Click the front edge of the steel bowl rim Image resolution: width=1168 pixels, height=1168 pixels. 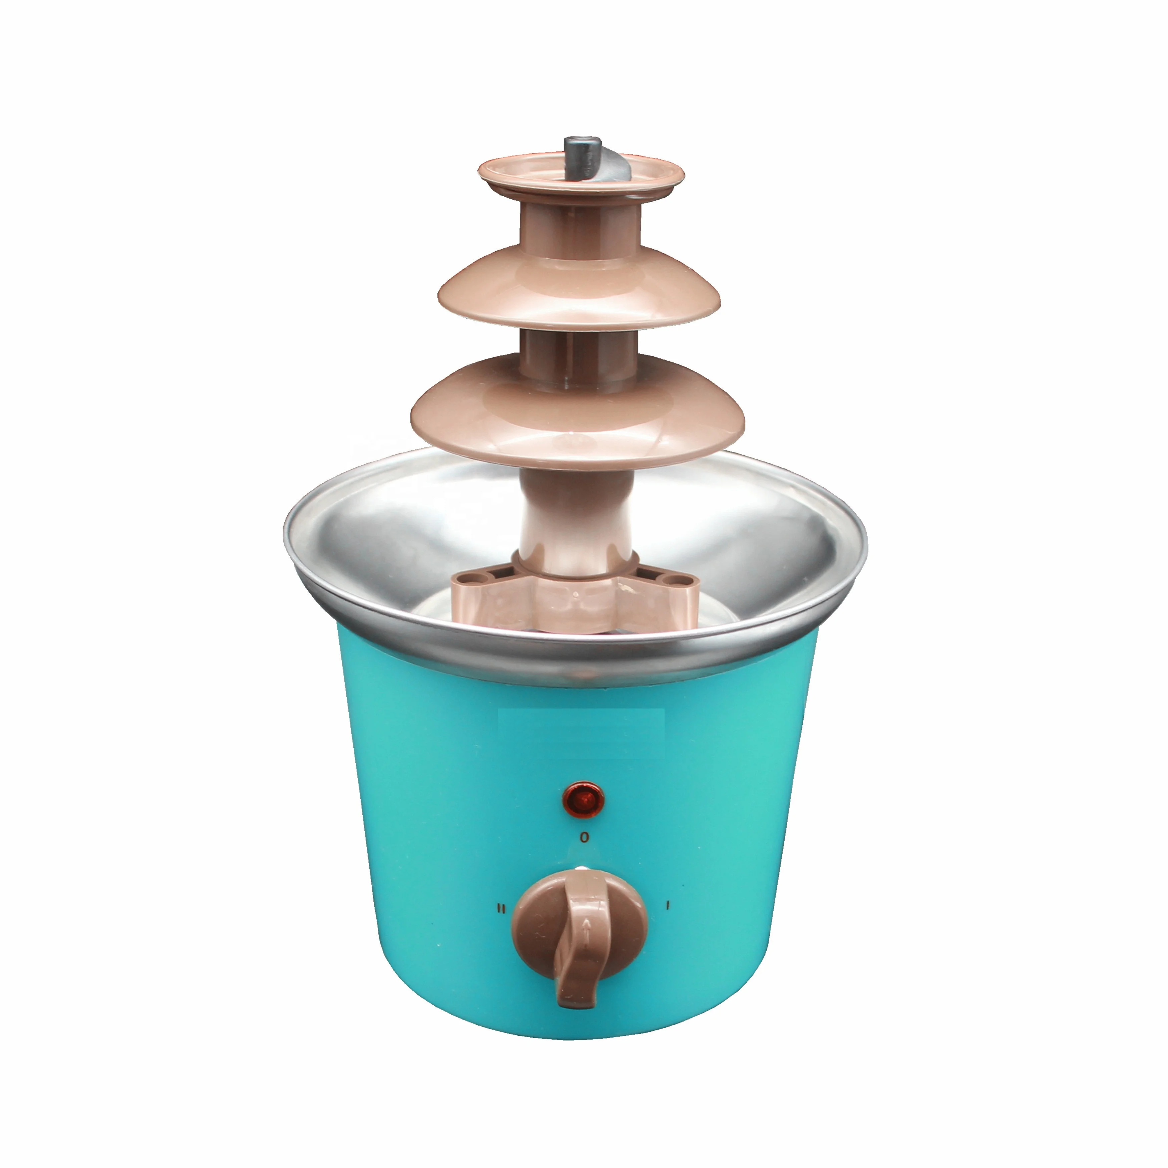click(x=580, y=665)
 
